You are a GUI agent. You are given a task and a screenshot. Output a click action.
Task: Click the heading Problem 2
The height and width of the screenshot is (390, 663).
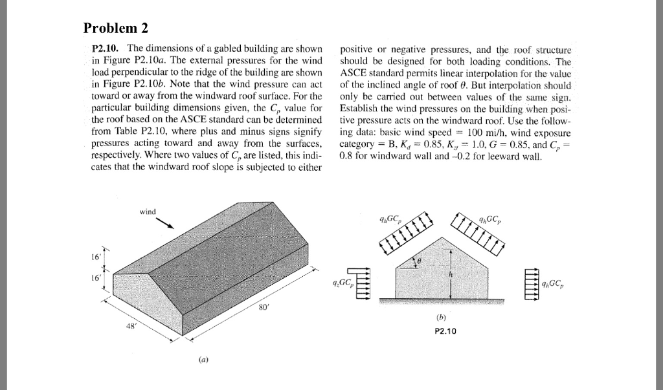click(120, 28)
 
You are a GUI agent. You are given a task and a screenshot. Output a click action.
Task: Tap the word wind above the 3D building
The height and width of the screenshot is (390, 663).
click(148, 211)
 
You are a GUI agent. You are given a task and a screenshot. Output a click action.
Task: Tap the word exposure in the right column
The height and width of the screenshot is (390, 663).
click(551, 131)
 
